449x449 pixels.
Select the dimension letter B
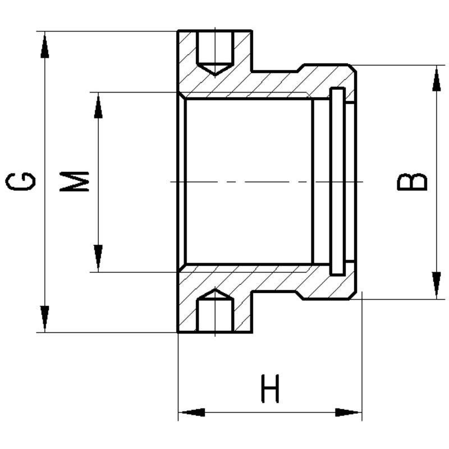click(413, 182)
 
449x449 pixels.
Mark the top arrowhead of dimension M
click(98, 105)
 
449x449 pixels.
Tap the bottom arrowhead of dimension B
click(436, 286)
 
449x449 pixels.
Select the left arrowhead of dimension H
click(191, 413)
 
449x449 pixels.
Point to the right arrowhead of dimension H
click(349, 413)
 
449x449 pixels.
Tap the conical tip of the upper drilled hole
click(214, 70)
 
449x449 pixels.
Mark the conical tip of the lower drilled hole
click(214, 294)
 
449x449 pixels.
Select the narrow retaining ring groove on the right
click(337, 181)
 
